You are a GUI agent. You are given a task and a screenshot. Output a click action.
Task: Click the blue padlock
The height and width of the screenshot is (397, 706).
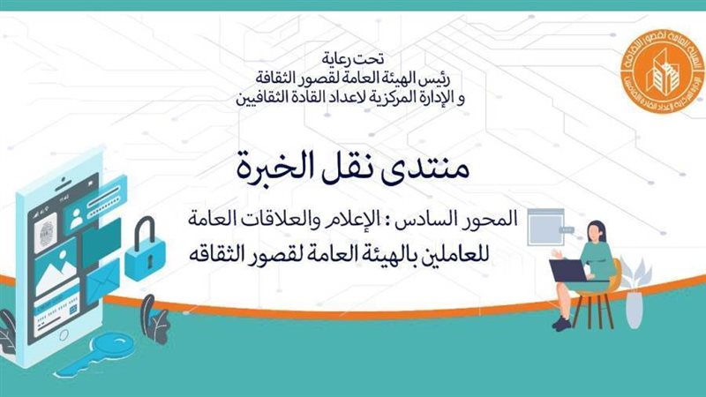[x=143, y=255]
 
